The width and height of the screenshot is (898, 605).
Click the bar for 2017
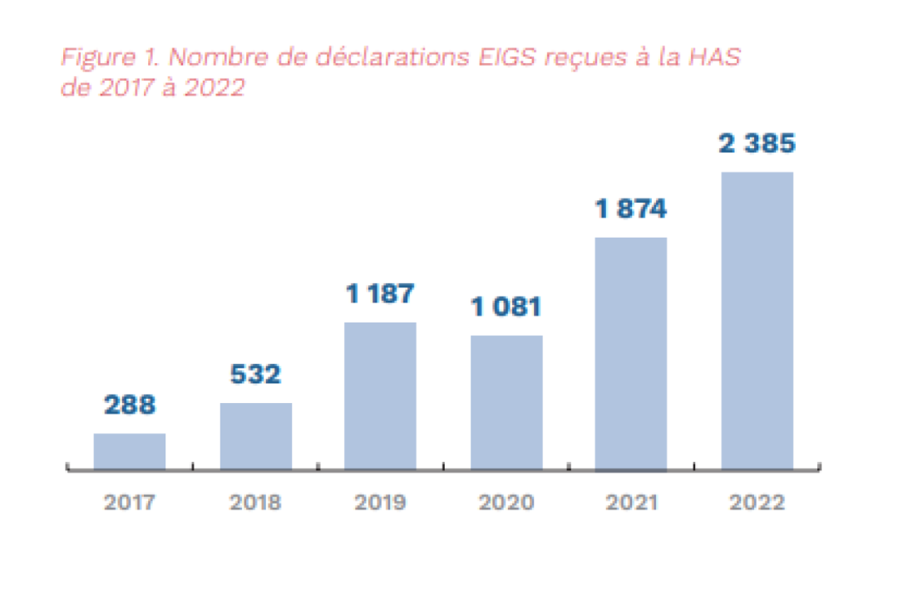129,451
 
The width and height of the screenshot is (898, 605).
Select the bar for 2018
255,436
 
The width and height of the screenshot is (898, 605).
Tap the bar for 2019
380,396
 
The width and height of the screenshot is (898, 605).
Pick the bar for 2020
506,402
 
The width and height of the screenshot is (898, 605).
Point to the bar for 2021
631,353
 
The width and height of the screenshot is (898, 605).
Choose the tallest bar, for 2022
757,321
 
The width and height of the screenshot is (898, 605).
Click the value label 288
129,406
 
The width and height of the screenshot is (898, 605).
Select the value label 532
255,375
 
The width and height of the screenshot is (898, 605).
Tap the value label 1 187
380,293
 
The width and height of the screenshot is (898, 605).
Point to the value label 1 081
506,307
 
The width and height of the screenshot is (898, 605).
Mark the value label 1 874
631,209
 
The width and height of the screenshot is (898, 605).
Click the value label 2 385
757,144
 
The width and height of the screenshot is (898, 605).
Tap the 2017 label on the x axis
129,503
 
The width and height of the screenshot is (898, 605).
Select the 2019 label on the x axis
380,503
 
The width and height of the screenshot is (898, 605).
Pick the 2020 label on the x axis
506,503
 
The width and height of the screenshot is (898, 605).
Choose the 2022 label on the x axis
757,503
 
